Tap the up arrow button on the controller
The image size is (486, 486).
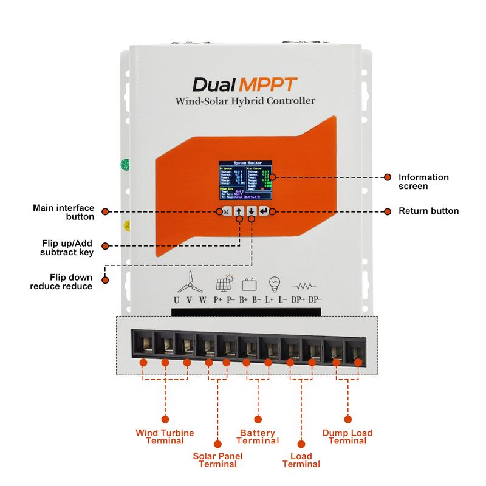[239, 212]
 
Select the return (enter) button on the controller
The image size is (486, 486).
[264, 211]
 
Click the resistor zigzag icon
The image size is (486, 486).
[304, 285]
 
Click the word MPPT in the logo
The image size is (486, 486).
[269, 83]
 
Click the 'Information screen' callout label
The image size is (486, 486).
[423, 182]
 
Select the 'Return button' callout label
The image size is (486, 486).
[428, 211]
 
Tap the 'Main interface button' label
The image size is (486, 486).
[63, 212]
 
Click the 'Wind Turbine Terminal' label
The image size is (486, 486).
[165, 436]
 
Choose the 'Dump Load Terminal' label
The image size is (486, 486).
[347, 436]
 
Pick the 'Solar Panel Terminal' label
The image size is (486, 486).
[217, 460]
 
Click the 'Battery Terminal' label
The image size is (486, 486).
[258, 436]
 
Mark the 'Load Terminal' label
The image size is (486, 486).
[301, 460]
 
